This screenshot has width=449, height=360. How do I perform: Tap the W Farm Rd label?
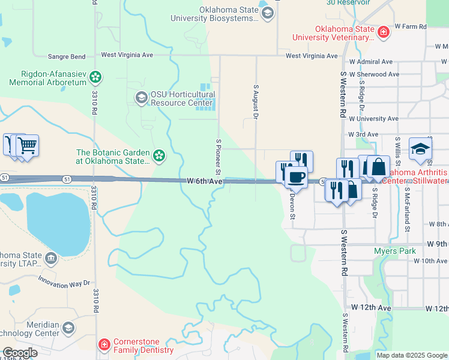(410, 27)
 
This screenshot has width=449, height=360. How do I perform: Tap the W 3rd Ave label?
(363, 134)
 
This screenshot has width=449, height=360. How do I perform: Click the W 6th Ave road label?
(205, 180)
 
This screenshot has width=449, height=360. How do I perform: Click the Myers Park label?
(394, 251)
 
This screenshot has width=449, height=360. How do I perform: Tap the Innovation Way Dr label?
(64, 280)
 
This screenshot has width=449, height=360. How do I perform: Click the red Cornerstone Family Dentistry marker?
(104, 344)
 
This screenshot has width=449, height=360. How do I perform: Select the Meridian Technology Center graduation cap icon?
(68, 328)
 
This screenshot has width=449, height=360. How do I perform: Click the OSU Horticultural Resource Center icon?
(141, 98)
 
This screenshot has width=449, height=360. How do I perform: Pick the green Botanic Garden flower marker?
(158, 156)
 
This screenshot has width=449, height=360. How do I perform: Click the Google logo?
(20, 353)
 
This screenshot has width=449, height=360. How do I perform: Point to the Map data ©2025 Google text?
(412, 355)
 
